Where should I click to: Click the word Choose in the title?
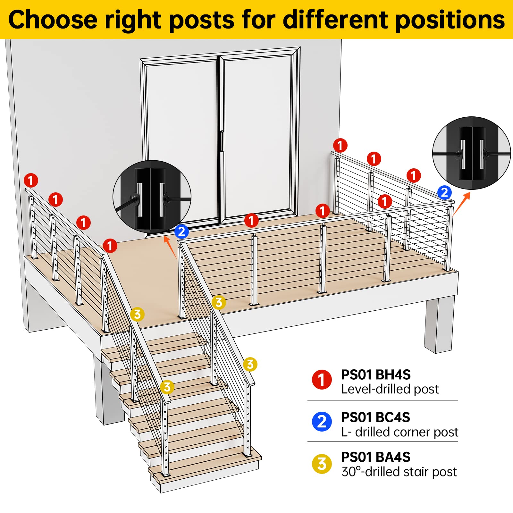click(53, 20)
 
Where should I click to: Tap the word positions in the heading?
click(450, 20)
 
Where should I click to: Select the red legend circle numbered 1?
click(322, 380)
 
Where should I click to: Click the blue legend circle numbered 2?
click(322, 421)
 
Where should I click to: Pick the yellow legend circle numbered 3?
click(322, 464)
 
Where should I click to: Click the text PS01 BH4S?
click(375, 374)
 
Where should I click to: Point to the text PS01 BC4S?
click(375, 417)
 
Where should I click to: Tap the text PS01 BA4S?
click(375, 457)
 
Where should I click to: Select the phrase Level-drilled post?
click(390, 389)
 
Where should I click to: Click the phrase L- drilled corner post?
click(399, 432)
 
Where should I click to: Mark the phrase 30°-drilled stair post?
click(399, 472)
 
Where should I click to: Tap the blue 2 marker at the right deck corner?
click(444, 193)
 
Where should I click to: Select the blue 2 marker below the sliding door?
click(181, 231)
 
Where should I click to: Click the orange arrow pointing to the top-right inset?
click(462, 203)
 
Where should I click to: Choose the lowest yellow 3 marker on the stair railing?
click(167, 387)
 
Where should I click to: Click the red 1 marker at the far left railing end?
click(31, 181)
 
